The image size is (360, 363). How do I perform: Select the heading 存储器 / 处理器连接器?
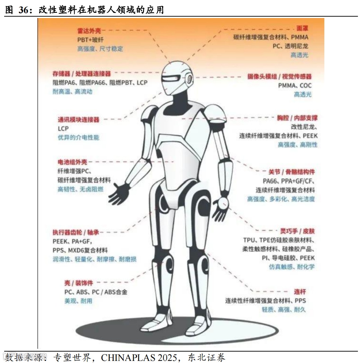point(82,74)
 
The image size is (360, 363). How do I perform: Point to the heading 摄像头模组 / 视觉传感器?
point(279,77)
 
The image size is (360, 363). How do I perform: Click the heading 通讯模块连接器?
point(79,120)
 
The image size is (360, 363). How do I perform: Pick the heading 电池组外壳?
point(72,162)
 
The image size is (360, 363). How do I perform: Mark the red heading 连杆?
point(300,292)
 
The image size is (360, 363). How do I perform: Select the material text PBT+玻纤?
point(91,40)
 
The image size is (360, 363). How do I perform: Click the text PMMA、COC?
point(295,86)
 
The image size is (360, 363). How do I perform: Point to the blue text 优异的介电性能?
point(79,138)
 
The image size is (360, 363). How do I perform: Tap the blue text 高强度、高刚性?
point(297,145)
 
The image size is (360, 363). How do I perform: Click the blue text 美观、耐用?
point(78,301)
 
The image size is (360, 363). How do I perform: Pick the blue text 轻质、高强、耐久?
point(284,310)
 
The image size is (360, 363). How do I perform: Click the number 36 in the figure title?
point(24,10)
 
